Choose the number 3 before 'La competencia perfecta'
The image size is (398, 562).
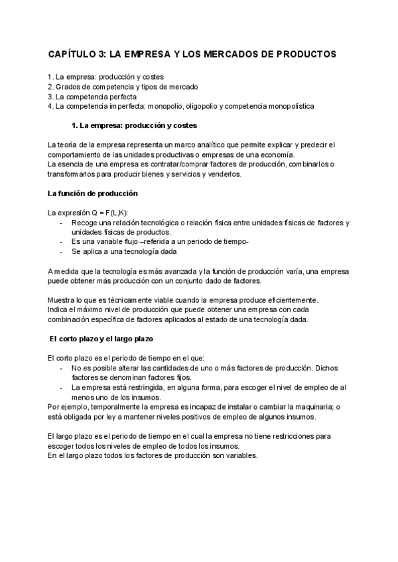(x=50, y=96)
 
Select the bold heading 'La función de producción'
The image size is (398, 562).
(x=92, y=194)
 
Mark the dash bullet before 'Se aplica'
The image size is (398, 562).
(x=62, y=252)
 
